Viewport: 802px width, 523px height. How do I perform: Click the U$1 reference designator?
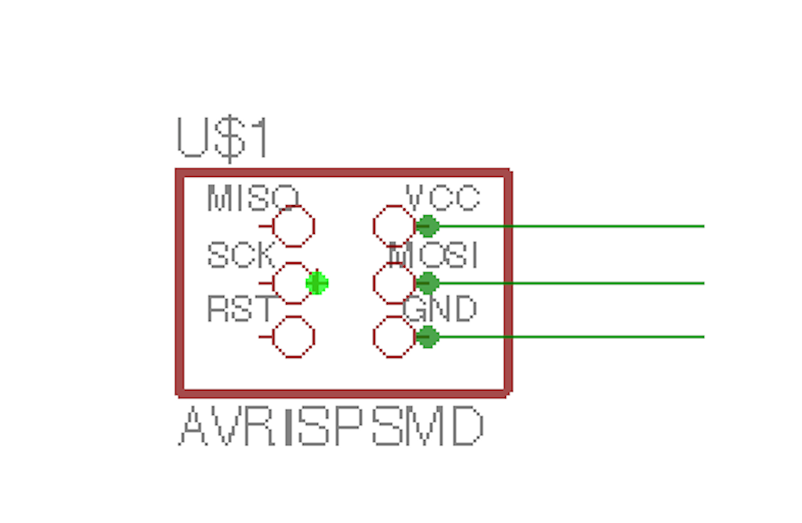223,139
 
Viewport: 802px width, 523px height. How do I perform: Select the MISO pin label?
252,198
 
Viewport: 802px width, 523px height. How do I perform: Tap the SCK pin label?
241,255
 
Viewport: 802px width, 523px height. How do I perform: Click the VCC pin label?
443,197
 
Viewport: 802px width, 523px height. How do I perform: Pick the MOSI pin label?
434,255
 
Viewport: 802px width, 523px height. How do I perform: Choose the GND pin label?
439,309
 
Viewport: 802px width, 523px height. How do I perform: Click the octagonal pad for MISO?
294,226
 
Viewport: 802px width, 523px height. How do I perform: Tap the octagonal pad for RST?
294,337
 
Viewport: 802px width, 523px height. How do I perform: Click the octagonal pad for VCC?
394,226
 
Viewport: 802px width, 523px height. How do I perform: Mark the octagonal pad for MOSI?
394,283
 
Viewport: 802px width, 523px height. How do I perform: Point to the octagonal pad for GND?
394,337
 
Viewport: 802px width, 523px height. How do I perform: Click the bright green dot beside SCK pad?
317,283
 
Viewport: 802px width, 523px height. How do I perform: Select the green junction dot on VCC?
427,226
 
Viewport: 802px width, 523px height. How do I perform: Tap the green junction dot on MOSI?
427,283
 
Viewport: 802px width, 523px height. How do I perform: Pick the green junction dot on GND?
427,337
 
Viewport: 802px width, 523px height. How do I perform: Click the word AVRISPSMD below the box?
331,427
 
